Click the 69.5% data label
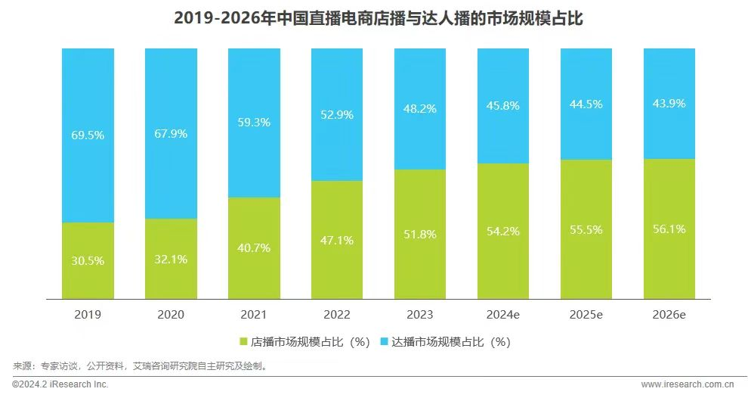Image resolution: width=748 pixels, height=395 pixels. click(88, 135)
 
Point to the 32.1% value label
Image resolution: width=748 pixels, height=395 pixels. click(171, 259)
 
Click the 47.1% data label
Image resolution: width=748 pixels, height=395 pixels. click(337, 240)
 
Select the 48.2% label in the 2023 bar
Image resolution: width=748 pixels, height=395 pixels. click(420, 108)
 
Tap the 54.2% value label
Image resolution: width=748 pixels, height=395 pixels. click(503, 231)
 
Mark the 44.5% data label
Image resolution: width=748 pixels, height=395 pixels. click(586, 104)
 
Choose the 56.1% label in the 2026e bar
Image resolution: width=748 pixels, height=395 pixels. click(669, 229)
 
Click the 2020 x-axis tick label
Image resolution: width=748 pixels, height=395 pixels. click(171, 313)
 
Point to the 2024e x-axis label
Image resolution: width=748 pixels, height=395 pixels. click(503, 313)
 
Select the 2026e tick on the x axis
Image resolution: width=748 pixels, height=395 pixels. click(669, 313)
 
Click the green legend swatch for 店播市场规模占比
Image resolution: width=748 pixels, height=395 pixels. click(243, 342)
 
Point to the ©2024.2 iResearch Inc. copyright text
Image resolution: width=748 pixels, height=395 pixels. click(60, 384)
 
